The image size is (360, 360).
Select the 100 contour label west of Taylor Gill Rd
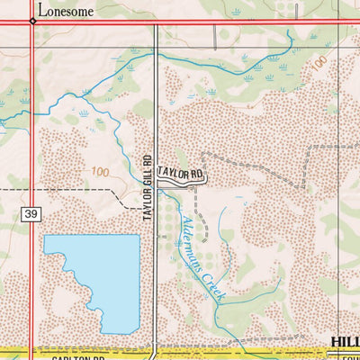(100, 171)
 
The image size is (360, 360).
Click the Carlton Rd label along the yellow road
(65, 355)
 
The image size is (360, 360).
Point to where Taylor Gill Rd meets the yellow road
(157, 351)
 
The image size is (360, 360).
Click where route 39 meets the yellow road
(33, 351)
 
